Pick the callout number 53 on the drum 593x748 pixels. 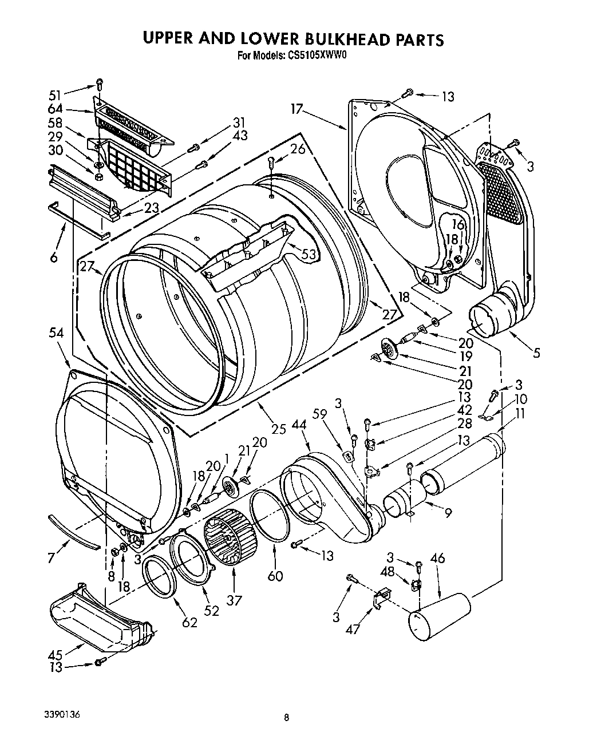(309, 254)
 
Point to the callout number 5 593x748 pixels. (536, 353)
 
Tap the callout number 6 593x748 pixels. (54, 258)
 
